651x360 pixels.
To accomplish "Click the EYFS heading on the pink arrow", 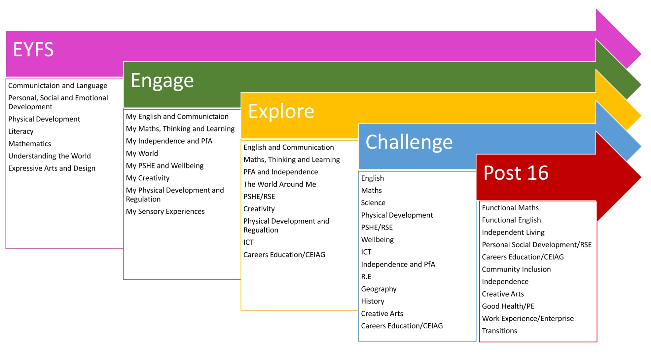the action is [x=33, y=49].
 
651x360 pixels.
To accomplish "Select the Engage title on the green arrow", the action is [x=162, y=81].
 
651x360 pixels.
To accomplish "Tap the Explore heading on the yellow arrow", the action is [x=281, y=111].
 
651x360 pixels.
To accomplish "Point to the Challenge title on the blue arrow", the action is [x=409, y=142].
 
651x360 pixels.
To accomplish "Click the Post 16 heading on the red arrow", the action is [x=516, y=173].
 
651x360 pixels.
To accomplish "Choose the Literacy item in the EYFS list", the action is [x=21, y=132].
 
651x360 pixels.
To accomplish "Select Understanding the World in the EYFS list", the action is [x=49, y=156].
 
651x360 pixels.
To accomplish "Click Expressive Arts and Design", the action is [x=52, y=168].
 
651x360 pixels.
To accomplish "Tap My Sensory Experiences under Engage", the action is [x=165, y=212].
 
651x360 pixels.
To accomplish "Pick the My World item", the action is [x=142, y=153].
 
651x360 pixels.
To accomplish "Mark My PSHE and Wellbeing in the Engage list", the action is [x=165, y=166].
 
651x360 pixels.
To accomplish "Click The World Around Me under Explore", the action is [x=280, y=184].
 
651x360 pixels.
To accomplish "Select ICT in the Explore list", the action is [x=248, y=242].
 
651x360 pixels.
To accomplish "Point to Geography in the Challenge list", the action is [x=379, y=289].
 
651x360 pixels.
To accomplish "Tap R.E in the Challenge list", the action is [x=366, y=277].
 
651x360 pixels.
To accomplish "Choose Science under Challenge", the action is [x=373, y=203].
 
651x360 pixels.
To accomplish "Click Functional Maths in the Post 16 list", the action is [x=510, y=208].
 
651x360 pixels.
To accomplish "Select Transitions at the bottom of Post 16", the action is [x=499, y=331].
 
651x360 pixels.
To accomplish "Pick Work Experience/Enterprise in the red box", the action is [x=528, y=319].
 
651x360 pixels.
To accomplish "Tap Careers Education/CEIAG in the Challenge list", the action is [x=402, y=326].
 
